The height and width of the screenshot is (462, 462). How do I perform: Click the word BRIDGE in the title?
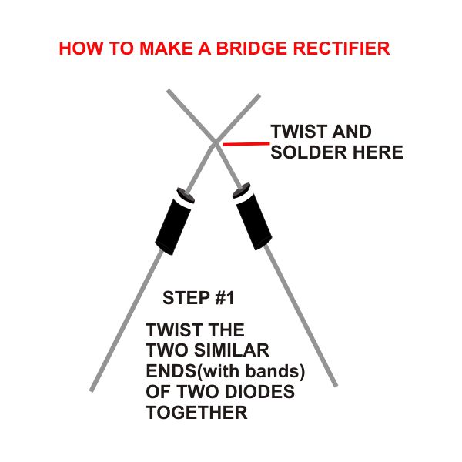252,49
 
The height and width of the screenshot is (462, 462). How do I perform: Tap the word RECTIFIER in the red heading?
341,49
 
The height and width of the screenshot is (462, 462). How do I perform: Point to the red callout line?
246,144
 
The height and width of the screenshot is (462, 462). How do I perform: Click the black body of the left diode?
172,226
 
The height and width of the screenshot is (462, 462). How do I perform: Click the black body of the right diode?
254,222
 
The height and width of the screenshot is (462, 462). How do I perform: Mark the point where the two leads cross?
216,143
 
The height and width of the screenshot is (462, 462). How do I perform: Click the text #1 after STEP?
225,298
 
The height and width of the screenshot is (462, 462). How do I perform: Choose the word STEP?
186,298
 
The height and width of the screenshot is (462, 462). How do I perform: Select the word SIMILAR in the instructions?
231,350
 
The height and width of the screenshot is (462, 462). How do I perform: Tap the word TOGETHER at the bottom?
196,412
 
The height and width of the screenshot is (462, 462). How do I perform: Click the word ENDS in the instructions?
172,371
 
